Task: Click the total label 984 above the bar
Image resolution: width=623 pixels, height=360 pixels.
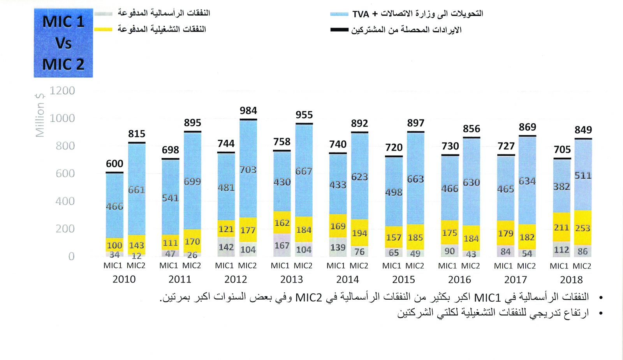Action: point(248,111)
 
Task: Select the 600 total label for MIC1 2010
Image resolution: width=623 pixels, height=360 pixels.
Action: point(114,164)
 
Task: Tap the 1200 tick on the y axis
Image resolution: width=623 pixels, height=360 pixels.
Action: point(62,91)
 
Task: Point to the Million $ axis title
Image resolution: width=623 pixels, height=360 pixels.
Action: point(40,115)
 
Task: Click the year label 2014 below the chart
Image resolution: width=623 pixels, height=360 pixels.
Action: point(347,279)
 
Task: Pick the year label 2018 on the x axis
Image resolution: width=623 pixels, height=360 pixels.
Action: point(571,280)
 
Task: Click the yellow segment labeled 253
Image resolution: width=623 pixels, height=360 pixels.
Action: point(583,228)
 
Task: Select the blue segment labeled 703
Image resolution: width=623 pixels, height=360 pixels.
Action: point(248,170)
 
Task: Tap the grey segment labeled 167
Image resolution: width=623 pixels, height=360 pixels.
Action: point(282,245)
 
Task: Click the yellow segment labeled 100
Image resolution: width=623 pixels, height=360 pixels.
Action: point(114,245)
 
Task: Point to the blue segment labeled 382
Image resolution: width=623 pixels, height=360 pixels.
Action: point(561,186)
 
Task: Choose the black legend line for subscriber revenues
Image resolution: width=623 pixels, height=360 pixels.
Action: point(339,30)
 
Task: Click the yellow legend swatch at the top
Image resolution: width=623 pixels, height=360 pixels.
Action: point(103,29)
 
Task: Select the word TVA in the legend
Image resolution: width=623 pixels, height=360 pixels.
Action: point(361,14)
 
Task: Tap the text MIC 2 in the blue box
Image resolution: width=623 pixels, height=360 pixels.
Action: point(63,65)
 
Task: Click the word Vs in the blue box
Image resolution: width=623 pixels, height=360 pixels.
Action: point(63,43)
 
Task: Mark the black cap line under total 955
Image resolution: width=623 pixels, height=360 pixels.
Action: point(304,124)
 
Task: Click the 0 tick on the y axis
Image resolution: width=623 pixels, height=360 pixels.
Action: point(71,256)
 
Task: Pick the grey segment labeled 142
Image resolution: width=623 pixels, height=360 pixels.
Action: point(226,247)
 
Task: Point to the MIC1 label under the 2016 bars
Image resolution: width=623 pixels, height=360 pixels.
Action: point(447,266)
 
